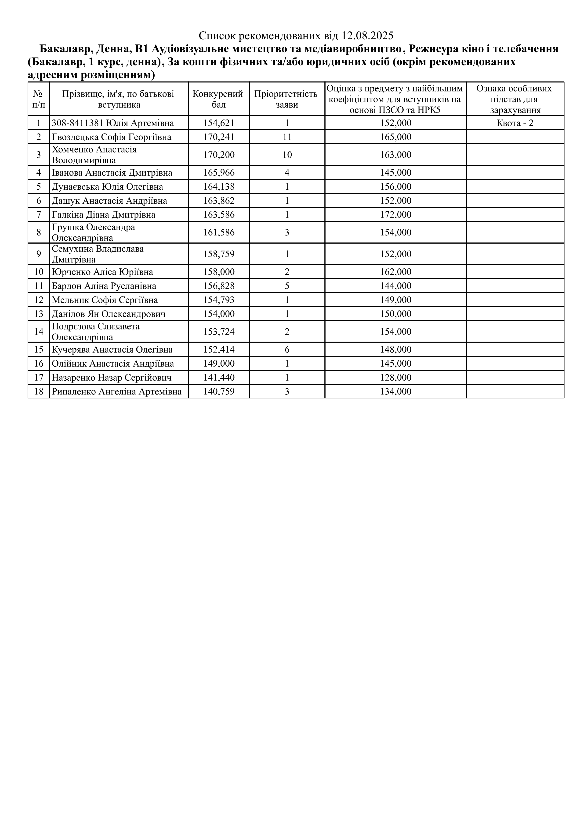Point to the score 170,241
coord(219,137)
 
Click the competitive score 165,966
coord(219,173)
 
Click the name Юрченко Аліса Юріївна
coord(102,272)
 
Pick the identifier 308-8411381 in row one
coord(78,123)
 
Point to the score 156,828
coord(219,286)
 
